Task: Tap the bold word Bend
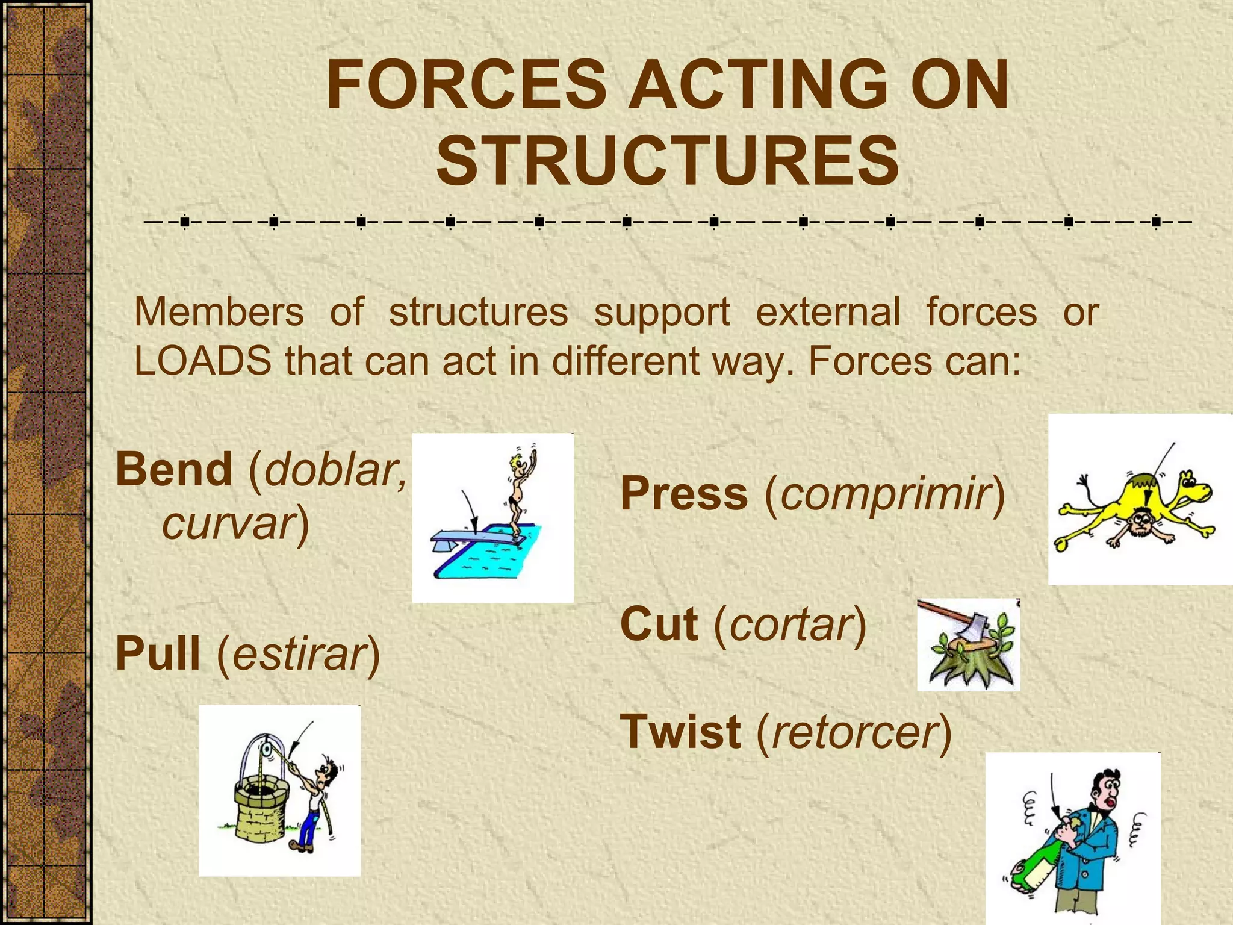click(174, 469)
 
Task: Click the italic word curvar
click(229, 523)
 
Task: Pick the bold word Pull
click(158, 653)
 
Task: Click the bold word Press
click(684, 494)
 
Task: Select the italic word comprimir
click(885, 494)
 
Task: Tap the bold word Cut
click(659, 624)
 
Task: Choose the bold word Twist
click(680, 732)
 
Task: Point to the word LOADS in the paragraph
click(202, 361)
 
